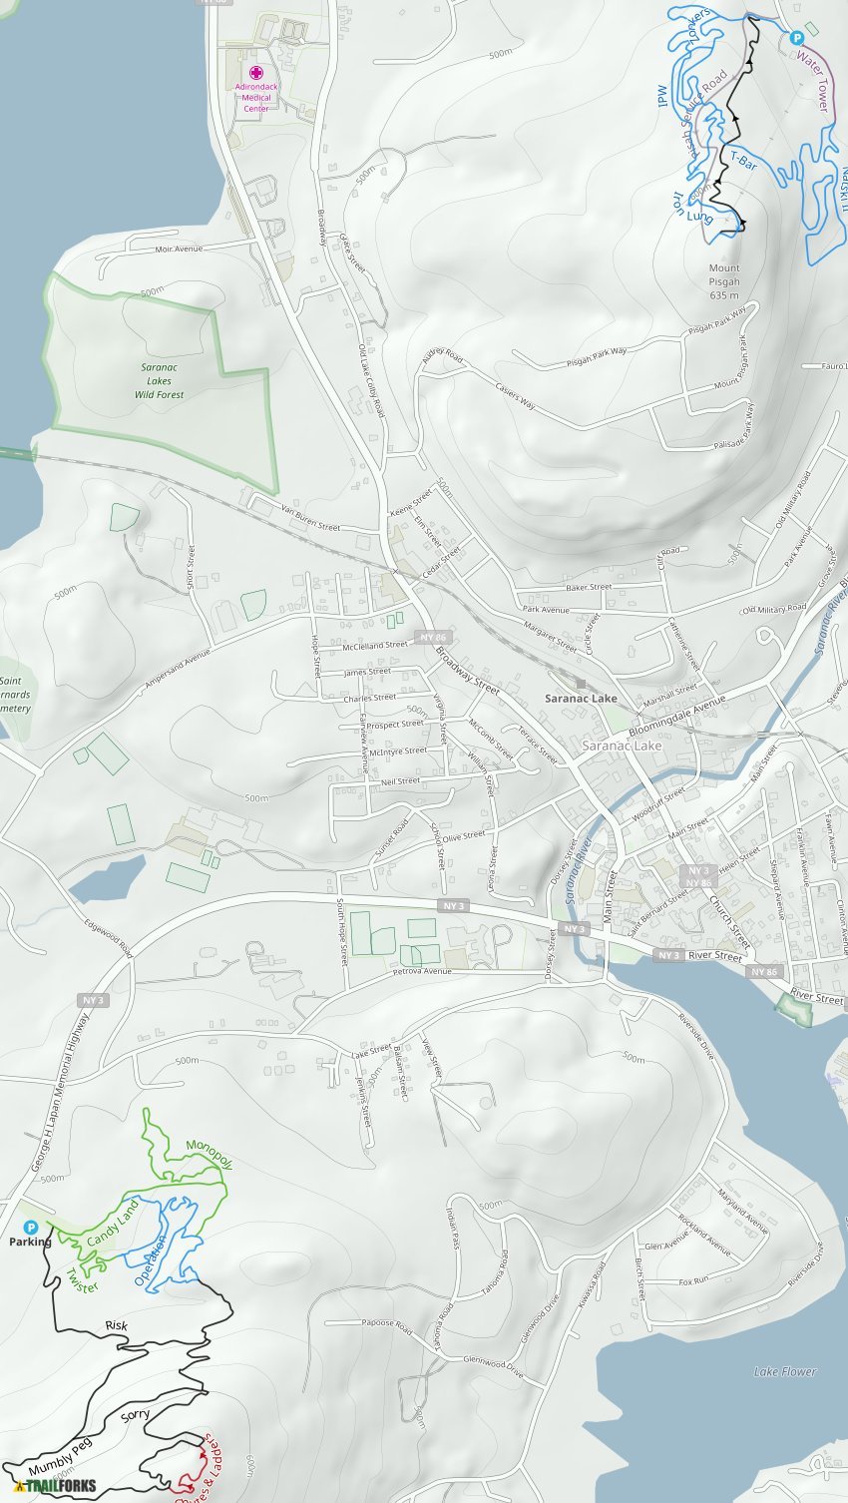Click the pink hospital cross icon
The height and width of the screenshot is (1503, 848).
coord(256,73)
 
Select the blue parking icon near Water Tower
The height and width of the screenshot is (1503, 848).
coord(796,37)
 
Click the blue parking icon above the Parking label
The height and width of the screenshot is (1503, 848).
coord(30,1227)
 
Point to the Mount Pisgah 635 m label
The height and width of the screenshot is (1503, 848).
coord(724,281)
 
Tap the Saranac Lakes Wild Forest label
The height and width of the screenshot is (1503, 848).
coord(159,381)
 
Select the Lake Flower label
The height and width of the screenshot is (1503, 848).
coord(785,1371)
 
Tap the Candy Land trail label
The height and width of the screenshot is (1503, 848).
coord(113,1224)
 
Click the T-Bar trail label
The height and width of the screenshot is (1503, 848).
coord(743,160)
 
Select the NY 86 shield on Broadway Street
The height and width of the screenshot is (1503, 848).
coord(433,637)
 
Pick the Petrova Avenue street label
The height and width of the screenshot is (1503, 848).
coord(422,971)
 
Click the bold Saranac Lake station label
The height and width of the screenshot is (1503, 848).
coord(581,699)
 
